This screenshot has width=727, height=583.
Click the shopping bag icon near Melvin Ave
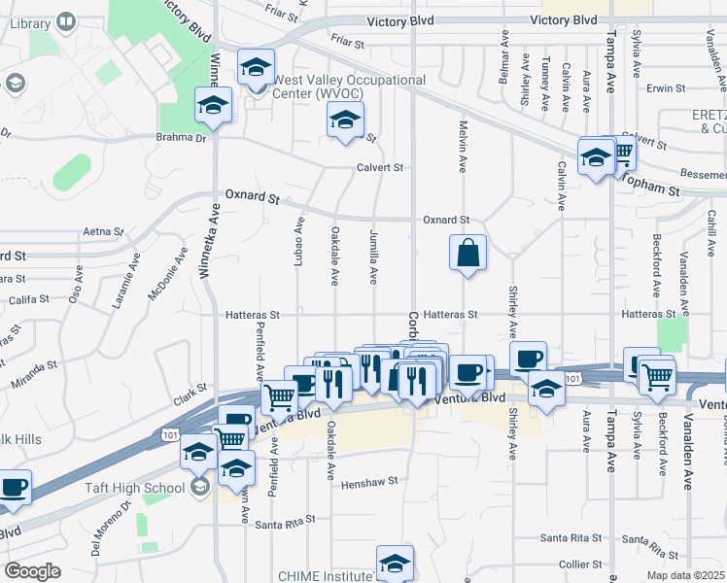coord(467,254)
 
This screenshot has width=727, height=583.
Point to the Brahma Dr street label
coord(181,138)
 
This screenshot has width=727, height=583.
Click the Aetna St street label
coord(105,232)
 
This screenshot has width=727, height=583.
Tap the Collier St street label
coord(581,565)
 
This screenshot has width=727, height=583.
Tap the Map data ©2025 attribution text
coord(684,575)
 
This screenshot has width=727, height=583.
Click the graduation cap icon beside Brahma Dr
coord(213,106)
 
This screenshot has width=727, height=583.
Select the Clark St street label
coord(191,392)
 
